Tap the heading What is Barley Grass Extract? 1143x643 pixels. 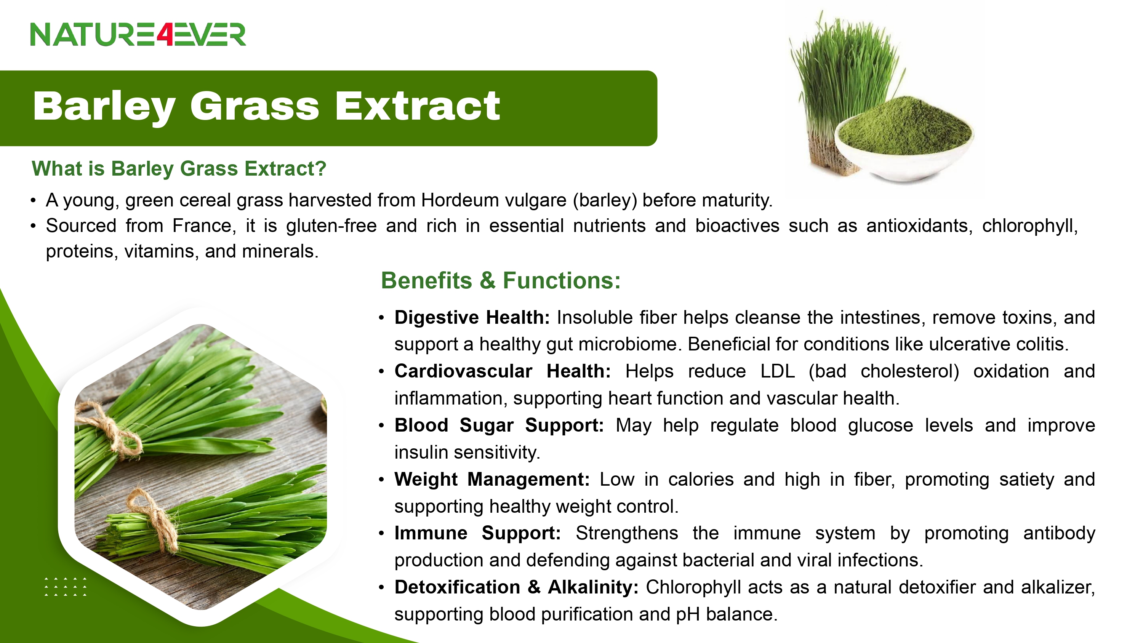pyautogui.click(x=179, y=169)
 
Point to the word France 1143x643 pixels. pyautogui.click(x=202, y=226)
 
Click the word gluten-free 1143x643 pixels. pyautogui.click(x=331, y=226)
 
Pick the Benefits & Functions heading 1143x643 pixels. pyautogui.click(x=501, y=280)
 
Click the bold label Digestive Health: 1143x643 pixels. pyautogui.click(x=472, y=318)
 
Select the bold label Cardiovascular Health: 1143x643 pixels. pyautogui.click(x=503, y=371)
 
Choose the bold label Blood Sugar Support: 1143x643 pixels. pyautogui.click(x=499, y=425)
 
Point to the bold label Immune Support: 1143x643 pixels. pyautogui.click(x=478, y=533)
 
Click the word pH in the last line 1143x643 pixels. pyautogui.click(x=688, y=614)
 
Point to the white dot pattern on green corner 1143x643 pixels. pyautogui.click(x=66, y=587)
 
